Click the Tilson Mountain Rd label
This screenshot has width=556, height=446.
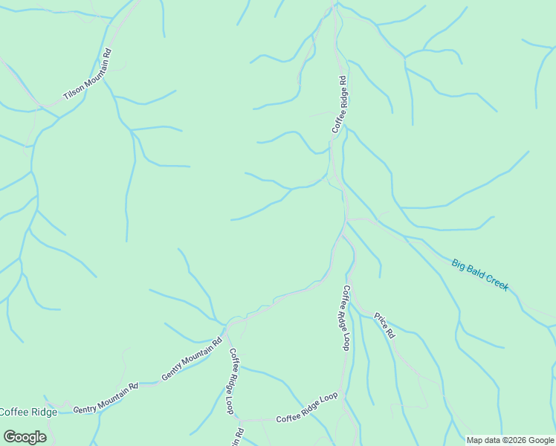coord(88,76)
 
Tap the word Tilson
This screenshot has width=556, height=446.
coord(72,92)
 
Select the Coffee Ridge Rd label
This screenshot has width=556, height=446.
coord(340,105)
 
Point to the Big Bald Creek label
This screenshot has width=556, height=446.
coord(480,274)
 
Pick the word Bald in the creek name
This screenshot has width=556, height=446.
coord(476,272)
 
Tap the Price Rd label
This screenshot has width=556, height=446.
coord(384,326)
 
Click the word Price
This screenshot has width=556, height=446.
coord(381,322)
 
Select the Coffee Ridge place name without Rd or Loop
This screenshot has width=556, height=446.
coord(28,412)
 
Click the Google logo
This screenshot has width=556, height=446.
coord(24,436)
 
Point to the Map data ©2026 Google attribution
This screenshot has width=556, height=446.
coord(510,440)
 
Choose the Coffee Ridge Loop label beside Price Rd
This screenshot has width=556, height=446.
coord(346,317)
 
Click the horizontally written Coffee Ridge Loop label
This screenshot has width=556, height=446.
coord(307,408)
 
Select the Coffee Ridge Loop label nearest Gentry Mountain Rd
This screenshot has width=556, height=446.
coord(232,381)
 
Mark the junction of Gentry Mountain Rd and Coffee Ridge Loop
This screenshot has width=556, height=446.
coord(225,326)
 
